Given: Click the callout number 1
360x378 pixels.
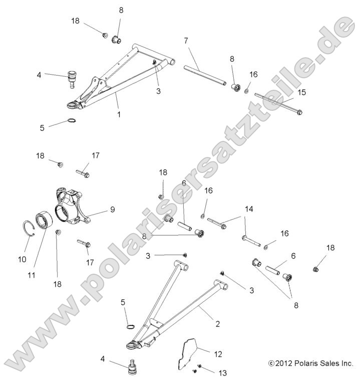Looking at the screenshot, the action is [119, 114].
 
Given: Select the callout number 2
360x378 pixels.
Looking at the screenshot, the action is [217, 324].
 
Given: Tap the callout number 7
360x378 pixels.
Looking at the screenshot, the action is [186, 41].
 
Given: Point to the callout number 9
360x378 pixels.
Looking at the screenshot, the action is [113, 210].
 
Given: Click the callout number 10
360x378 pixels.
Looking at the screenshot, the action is [22, 259].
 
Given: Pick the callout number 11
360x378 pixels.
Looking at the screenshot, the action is [32, 275].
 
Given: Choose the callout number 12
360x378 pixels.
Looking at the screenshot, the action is [218, 354].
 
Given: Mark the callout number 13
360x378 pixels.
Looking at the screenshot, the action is [223, 372].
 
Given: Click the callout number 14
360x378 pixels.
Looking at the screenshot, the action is [249, 209].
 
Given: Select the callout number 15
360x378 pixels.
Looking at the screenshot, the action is [301, 92].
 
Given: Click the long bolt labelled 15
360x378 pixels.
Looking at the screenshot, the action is [278, 104].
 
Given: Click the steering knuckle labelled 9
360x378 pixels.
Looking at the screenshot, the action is [72, 205].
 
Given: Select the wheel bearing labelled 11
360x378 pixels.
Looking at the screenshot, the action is [44, 220].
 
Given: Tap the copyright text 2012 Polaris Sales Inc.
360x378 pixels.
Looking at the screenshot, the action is [311, 363].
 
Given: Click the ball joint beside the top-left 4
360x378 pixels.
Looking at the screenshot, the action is [72, 79].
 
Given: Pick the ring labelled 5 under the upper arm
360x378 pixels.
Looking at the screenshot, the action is [72, 120].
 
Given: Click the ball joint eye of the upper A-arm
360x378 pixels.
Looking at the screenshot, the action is [72, 105].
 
